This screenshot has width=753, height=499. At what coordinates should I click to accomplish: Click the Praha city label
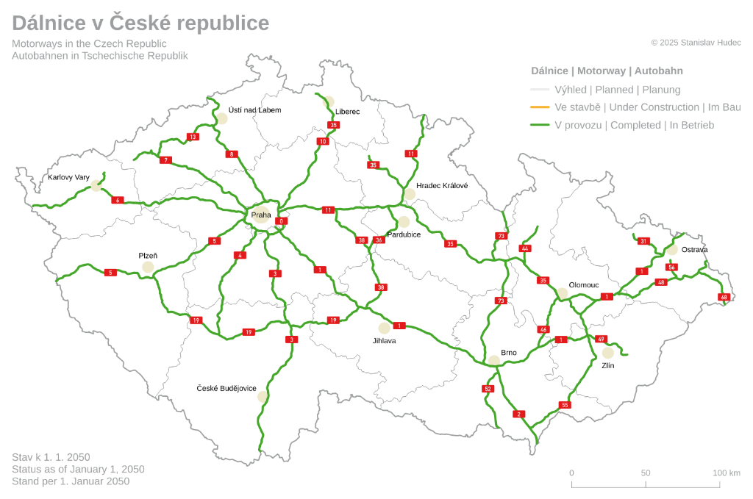(x=261, y=215)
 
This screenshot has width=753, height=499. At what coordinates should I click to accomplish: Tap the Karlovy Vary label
(x=68, y=177)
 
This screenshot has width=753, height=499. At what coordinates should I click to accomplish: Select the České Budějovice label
(x=226, y=387)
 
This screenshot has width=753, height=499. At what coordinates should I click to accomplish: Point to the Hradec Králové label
(x=442, y=186)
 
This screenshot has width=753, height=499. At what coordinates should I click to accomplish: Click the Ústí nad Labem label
(x=254, y=110)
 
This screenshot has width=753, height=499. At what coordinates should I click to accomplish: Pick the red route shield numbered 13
(x=193, y=137)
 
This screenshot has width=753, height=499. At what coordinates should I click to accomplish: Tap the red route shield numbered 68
(x=724, y=297)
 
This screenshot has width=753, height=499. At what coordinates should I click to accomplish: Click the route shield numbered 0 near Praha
(x=280, y=221)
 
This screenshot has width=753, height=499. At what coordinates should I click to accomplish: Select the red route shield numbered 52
(x=488, y=388)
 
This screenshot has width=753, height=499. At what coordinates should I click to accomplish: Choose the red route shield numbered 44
(x=524, y=248)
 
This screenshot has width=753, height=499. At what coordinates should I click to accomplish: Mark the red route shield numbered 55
(x=565, y=405)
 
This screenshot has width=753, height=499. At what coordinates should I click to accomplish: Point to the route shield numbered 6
(x=117, y=200)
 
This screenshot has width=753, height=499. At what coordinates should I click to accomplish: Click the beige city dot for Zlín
(x=607, y=353)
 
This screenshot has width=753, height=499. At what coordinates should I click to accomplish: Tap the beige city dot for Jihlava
(x=384, y=328)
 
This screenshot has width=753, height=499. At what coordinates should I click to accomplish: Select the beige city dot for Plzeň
(x=148, y=267)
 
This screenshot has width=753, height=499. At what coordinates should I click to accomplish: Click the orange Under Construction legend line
(x=540, y=107)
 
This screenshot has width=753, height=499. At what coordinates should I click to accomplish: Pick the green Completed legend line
(x=540, y=125)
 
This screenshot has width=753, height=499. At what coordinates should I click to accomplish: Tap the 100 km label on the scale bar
(x=727, y=473)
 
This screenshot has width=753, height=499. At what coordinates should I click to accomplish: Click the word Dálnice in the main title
(x=46, y=24)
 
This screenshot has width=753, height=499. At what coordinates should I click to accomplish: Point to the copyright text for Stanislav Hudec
(x=696, y=43)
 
